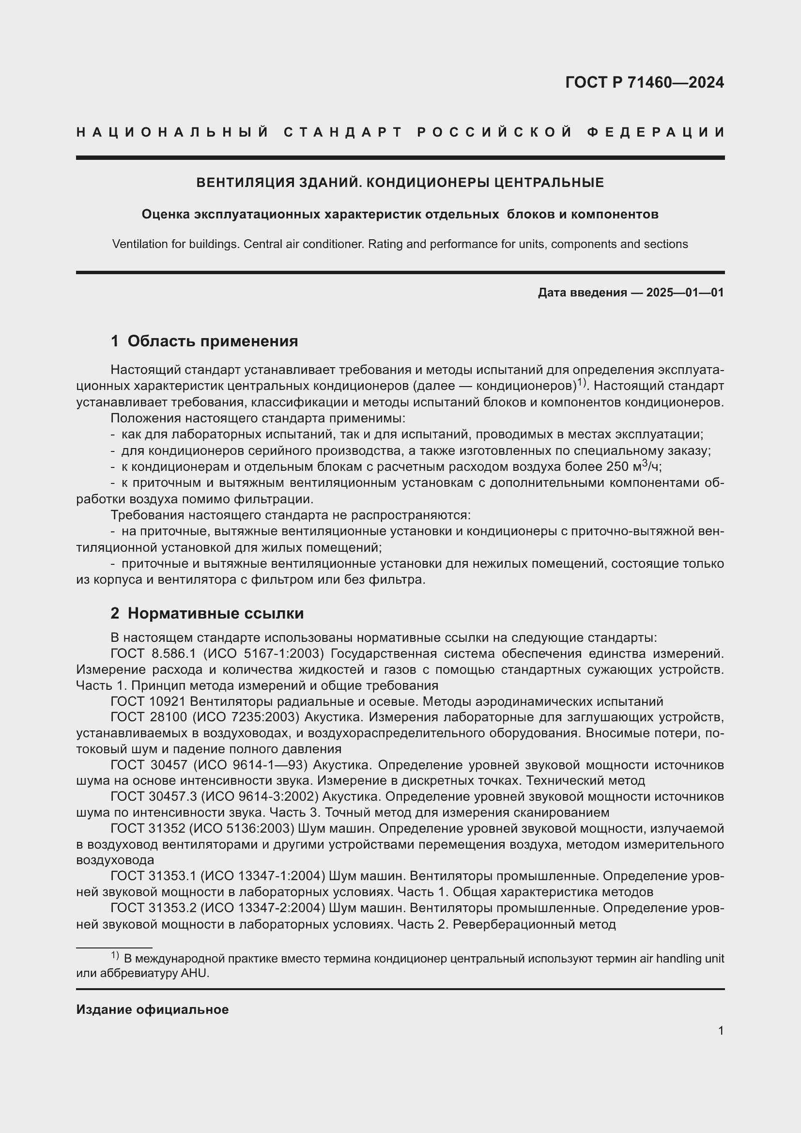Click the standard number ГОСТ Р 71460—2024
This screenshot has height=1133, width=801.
tap(644, 82)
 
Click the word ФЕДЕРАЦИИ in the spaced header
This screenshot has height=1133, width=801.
tap(656, 132)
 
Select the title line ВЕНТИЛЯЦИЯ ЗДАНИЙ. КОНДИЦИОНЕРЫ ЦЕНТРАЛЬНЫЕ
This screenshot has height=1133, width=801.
tap(400, 183)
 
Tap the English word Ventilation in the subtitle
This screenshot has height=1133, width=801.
tap(140, 244)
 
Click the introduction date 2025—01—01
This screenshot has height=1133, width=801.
tap(685, 293)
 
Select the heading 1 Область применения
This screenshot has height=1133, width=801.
tap(204, 341)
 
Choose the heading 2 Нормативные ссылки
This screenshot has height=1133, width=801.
tap(207, 613)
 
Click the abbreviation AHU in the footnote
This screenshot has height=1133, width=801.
tap(195, 974)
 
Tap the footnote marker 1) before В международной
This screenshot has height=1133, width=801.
tap(114, 956)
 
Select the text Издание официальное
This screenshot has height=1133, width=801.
tap(152, 1009)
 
